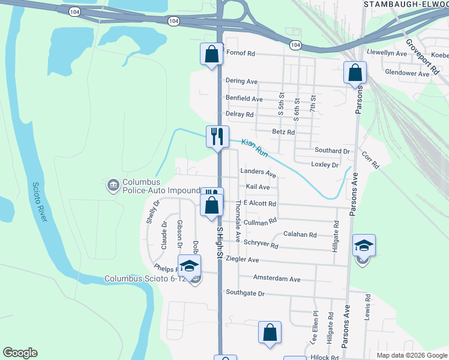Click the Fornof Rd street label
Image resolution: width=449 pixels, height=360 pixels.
tap(240, 53)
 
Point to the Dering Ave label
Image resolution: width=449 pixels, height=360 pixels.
tap(241, 81)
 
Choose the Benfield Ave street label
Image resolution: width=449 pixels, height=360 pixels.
tap(244, 98)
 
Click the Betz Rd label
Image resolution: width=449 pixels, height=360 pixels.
tap(283, 132)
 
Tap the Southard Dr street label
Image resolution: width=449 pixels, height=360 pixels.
tap(332, 151)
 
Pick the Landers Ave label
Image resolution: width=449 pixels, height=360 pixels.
tap(258, 173)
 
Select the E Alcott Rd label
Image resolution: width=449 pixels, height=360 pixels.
tap(259, 204)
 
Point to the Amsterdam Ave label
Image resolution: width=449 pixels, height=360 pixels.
tap(276, 279)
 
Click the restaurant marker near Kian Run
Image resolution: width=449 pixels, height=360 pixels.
tap(217, 136)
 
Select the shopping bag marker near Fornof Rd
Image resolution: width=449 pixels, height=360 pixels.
tap(211, 55)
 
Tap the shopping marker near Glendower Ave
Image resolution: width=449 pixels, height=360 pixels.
tap(355, 73)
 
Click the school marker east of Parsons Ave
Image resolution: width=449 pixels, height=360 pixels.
tap(364, 245)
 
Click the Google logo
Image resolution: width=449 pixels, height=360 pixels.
tap(20, 353)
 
